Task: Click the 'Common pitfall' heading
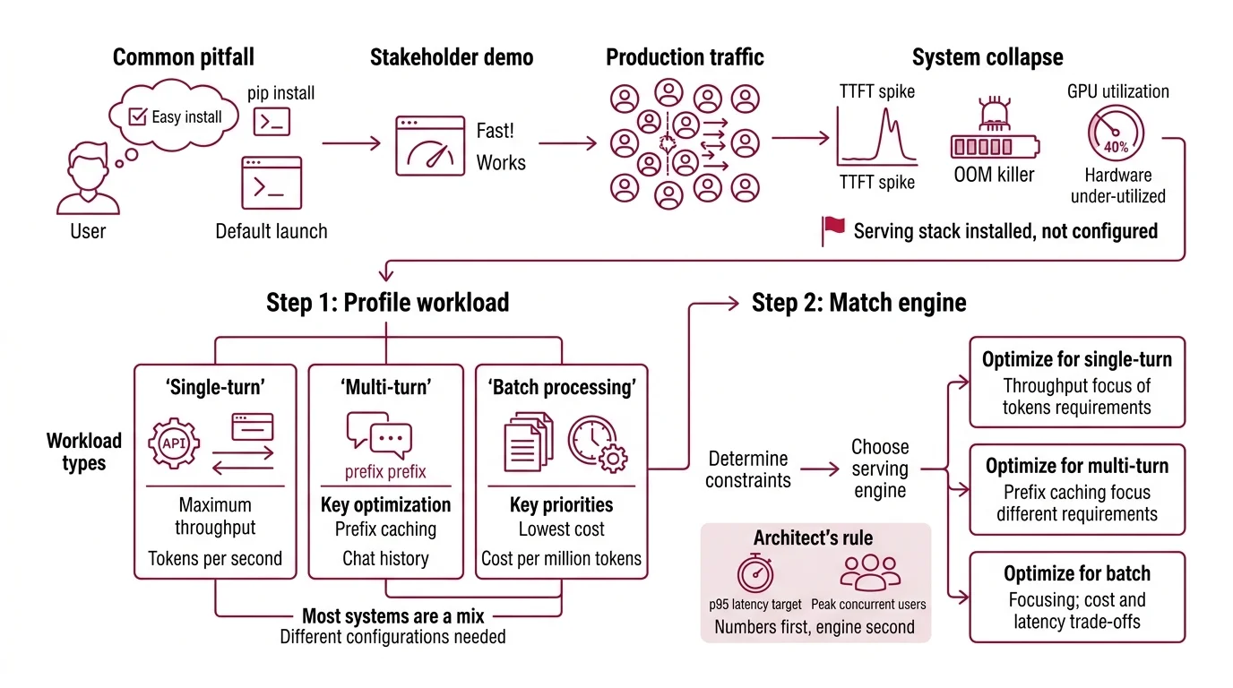point(183,57)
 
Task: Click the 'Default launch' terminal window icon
point(272,183)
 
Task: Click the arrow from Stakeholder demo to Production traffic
point(567,142)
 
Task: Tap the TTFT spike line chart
point(876,137)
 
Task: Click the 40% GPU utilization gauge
point(1117,135)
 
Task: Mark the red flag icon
point(832,230)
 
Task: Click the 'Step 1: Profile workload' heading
point(387,303)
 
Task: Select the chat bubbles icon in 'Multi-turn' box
point(379,433)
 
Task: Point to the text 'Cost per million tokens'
point(561,558)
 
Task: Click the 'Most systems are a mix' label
point(392,616)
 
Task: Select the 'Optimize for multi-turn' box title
point(1076,466)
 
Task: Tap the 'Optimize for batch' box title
point(1076,573)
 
